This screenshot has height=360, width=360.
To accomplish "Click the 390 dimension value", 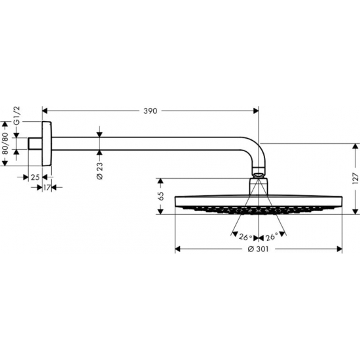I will pyautogui.click(x=150, y=112).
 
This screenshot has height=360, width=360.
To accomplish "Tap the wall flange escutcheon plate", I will pyautogui.click(x=46, y=143).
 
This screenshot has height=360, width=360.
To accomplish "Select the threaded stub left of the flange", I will pyautogui.click(x=35, y=143).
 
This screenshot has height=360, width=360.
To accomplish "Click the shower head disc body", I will pyautogui.click(x=259, y=200).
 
